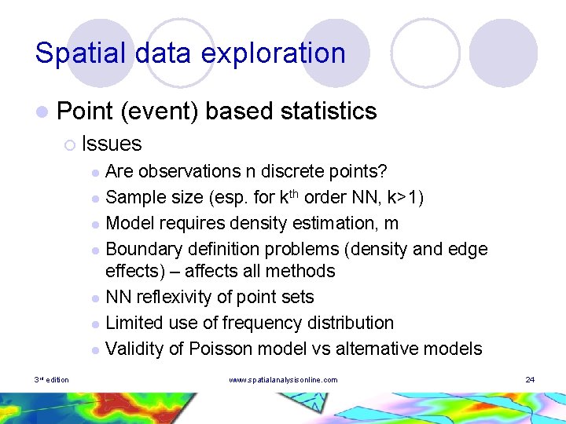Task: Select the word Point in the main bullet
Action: click(85, 111)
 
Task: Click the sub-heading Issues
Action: click(112, 144)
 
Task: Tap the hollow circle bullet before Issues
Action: click(70, 144)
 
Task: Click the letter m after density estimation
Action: click(391, 223)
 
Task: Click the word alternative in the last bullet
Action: click(376, 349)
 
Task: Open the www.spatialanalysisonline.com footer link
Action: click(283, 380)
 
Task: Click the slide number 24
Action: click(530, 380)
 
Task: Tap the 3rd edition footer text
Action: click(52, 380)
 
